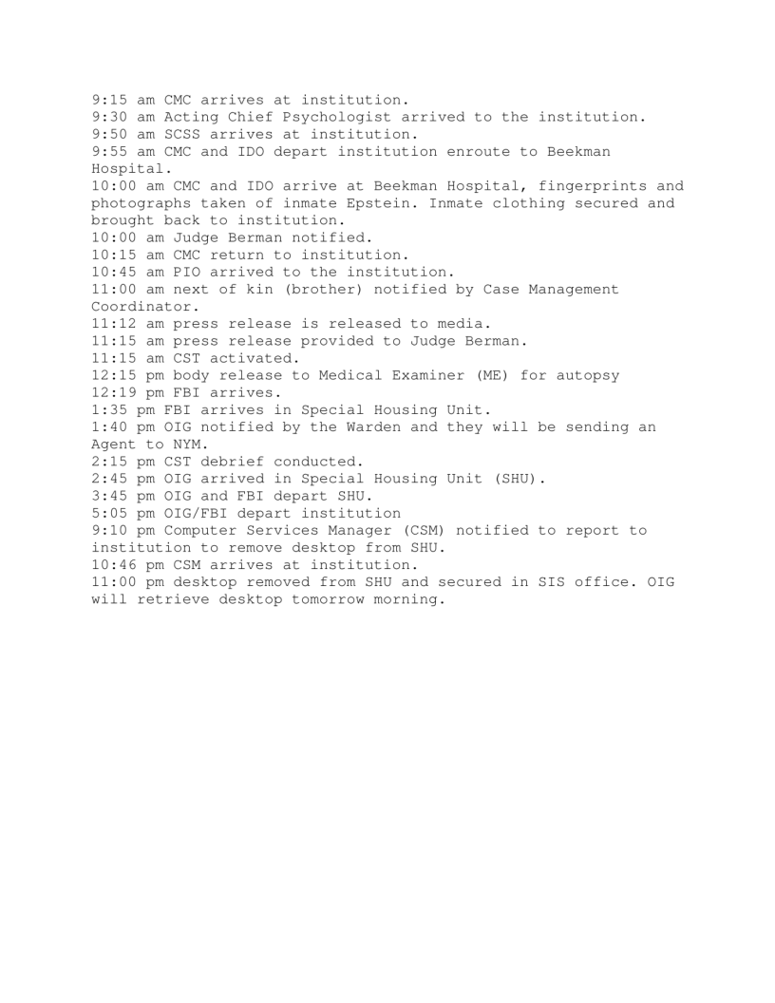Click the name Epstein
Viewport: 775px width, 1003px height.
point(444,203)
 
